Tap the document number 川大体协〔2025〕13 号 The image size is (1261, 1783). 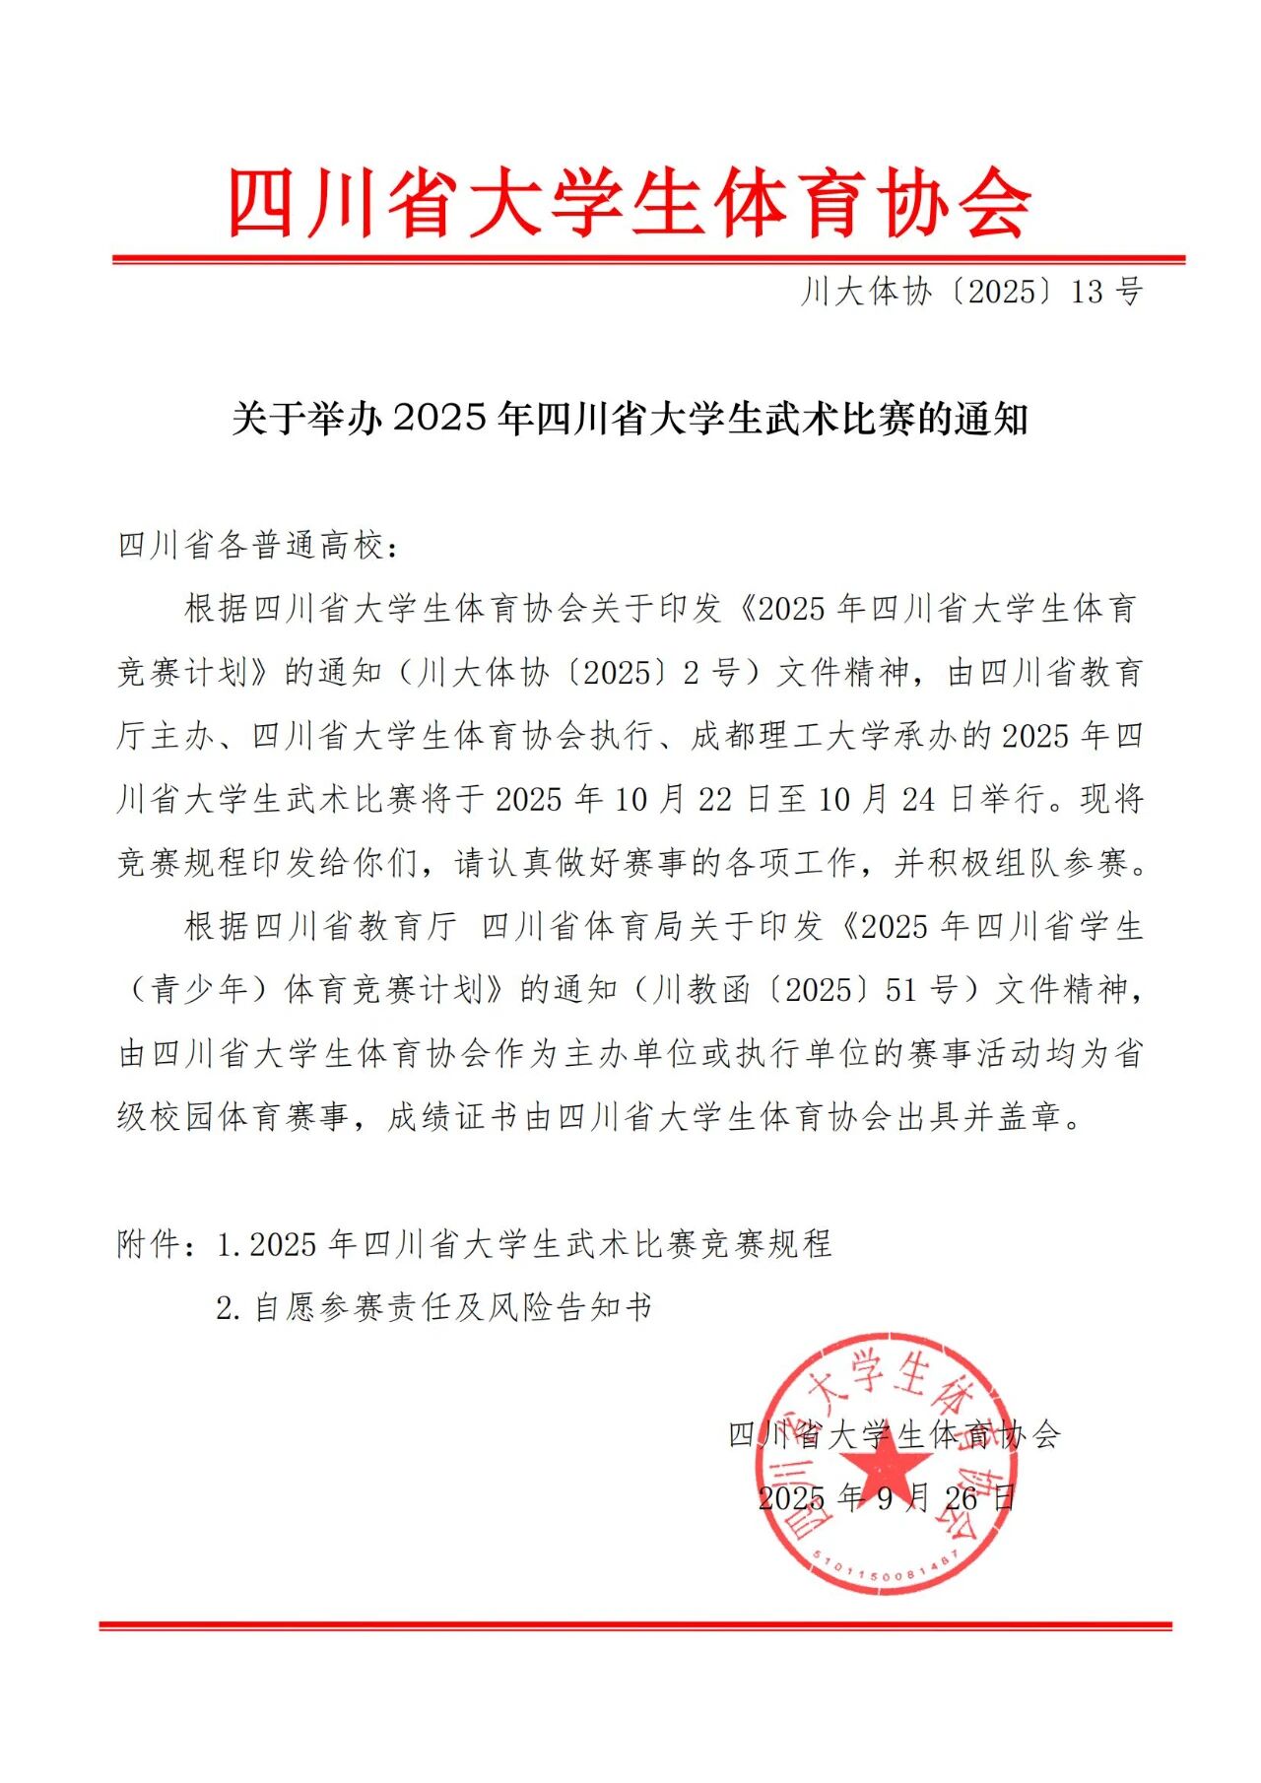(971, 292)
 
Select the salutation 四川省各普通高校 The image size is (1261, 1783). (251, 546)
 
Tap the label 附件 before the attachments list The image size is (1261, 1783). (149, 1245)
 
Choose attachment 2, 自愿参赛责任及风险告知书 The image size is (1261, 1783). (453, 1308)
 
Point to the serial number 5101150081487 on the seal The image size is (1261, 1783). (887, 1568)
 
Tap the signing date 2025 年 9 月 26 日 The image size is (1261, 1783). (887, 1499)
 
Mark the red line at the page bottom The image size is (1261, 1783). (635, 1625)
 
